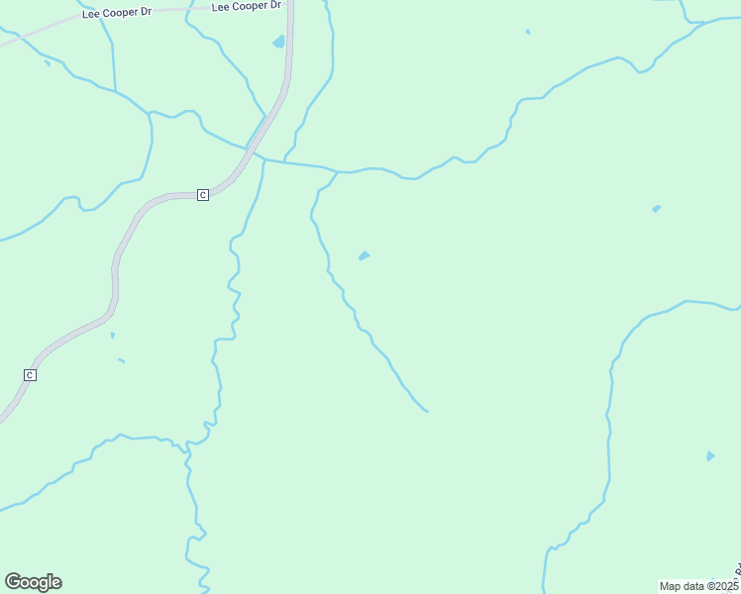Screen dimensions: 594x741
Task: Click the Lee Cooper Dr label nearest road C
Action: (x=241, y=7)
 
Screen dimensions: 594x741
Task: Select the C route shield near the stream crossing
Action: (x=202, y=195)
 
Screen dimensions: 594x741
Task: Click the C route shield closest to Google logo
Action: (x=30, y=375)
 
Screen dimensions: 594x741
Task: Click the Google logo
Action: (x=33, y=582)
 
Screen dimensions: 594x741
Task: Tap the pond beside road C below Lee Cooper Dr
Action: (x=278, y=43)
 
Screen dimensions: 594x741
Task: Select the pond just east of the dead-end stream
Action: (x=364, y=256)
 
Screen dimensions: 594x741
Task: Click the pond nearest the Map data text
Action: (x=709, y=456)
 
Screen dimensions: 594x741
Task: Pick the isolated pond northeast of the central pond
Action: (x=656, y=209)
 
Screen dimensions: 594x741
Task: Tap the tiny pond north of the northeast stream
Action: (x=528, y=32)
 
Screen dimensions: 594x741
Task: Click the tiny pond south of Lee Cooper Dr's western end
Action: (x=48, y=64)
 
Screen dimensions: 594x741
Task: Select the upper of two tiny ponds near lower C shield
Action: (x=112, y=336)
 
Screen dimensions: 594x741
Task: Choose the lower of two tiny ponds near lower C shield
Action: (x=121, y=360)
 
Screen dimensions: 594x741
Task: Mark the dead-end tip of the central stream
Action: (x=427, y=411)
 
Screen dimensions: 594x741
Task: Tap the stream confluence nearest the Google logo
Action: (x=187, y=451)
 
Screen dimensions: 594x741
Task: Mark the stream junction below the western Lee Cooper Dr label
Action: (x=116, y=92)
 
